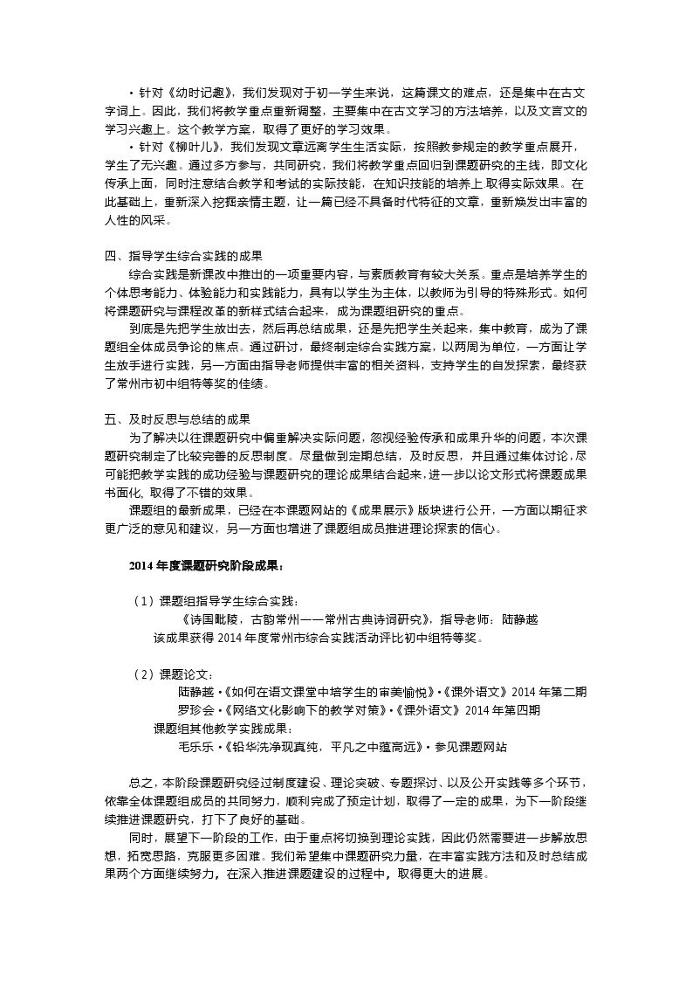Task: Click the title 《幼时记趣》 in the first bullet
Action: click(196, 92)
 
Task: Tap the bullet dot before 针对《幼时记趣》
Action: click(131, 92)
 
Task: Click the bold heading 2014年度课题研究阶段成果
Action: click(206, 566)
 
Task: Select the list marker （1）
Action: click(144, 601)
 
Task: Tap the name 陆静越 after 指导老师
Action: click(520, 619)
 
